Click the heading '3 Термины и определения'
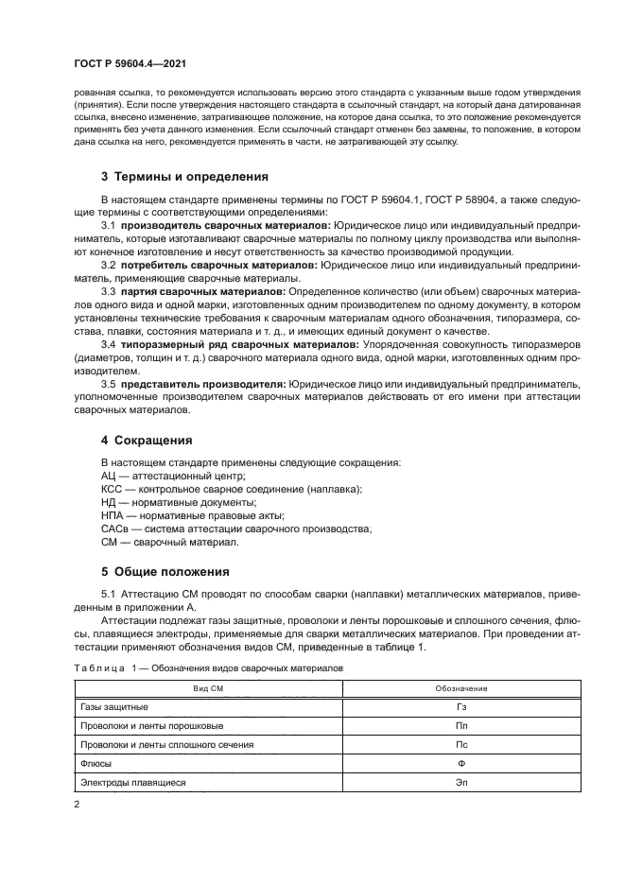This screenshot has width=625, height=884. pos(171,177)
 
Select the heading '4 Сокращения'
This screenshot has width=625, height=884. pos(147,441)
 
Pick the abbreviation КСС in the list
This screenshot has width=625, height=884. pos(112,490)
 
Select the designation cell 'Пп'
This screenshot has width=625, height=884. pos(460,726)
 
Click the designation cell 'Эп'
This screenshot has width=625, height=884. pos(460,783)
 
